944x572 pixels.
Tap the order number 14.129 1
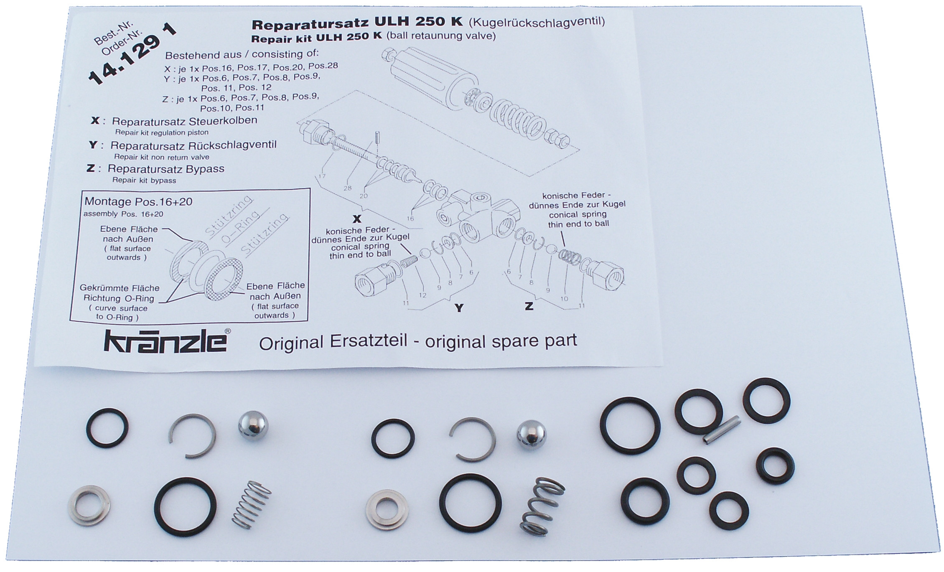pos(132,53)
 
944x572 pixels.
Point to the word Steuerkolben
pos(223,121)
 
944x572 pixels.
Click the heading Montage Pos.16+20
pos(138,202)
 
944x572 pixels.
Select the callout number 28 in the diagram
pos(348,188)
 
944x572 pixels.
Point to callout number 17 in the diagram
pos(321,176)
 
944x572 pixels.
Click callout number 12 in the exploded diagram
pos(422,295)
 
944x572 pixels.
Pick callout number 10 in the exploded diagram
pos(564,299)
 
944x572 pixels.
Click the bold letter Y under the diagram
pos(459,308)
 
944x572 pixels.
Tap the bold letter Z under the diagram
pos(529,306)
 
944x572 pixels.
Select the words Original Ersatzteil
pos(333,343)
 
